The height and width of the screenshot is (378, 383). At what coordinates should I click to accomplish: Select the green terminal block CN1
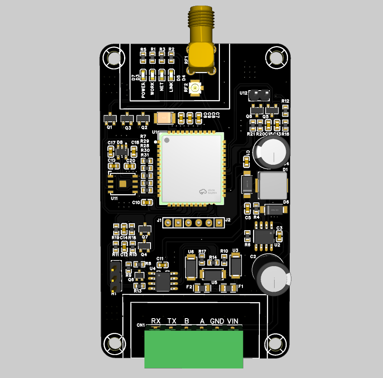click(193, 349)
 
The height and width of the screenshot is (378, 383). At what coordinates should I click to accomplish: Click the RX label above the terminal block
click(156, 321)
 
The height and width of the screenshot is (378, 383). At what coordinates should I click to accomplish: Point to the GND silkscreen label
click(217, 321)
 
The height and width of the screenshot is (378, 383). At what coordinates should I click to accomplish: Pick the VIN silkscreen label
click(233, 321)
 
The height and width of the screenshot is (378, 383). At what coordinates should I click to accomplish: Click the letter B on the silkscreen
click(187, 321)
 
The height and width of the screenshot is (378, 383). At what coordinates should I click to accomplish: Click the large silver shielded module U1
click(192, 168)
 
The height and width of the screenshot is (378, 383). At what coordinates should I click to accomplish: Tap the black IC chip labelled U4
click(164, 280)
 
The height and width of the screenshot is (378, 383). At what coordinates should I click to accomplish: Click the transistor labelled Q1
click(110, 118)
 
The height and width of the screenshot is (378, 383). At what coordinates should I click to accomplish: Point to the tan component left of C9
click(164, 117)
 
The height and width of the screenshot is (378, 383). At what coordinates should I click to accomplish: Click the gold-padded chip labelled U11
click(123, 184)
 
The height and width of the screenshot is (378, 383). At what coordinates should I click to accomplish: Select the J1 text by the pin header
click(159, 221)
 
